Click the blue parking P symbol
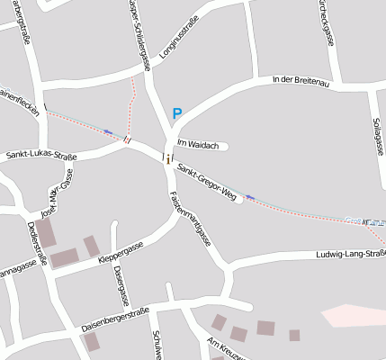[x=177, y=113]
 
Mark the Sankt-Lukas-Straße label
[x=41, y=157]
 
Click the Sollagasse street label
[x=375, y=136]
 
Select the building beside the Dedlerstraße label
[x=45, y=232]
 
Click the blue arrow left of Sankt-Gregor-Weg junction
[x=109, y=132]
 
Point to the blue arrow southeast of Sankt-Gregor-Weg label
[x=250, y=196]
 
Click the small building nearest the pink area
[x=294, y=335]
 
